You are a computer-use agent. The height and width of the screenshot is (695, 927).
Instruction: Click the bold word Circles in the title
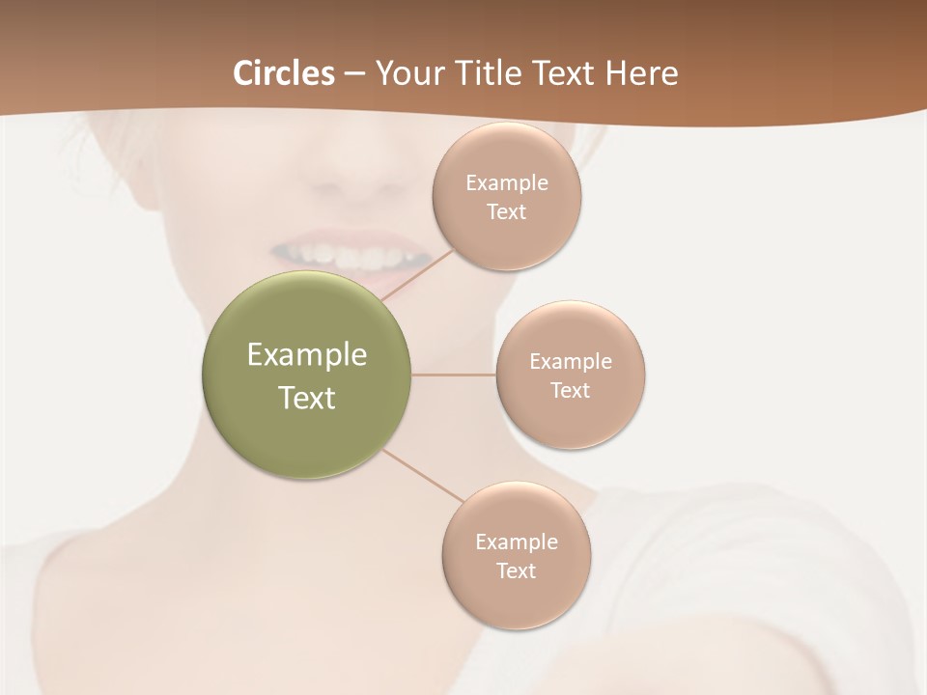[x=284, y=73]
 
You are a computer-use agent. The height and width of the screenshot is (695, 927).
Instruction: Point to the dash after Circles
[x=354, y=74]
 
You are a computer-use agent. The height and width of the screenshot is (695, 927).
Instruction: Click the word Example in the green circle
[x=307, y=355]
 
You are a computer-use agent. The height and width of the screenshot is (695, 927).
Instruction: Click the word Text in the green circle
[x=307, y=398]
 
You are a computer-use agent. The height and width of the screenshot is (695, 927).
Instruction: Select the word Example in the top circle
[x=507, y=183]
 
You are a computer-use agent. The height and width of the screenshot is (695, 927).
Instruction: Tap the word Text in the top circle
[x=506, y=212]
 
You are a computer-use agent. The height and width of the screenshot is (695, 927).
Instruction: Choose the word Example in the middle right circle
[x=571, y=362]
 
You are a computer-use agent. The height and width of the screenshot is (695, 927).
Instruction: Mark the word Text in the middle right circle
[x=570, y=391]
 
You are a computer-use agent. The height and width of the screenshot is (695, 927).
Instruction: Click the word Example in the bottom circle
[x=517, y=542]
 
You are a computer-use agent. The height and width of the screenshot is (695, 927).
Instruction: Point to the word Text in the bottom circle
[x=516, y=571]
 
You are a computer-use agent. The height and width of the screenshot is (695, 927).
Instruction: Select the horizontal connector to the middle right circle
[x=454, y=375]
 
